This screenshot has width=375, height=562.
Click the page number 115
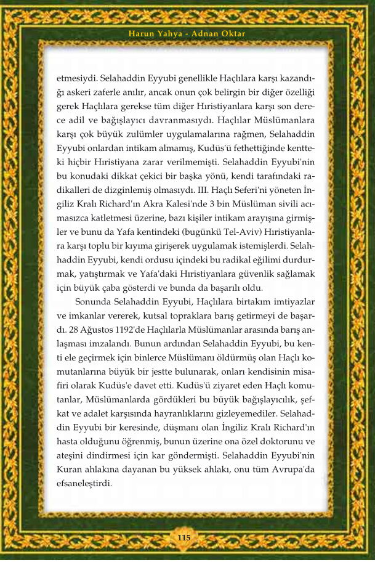184,538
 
